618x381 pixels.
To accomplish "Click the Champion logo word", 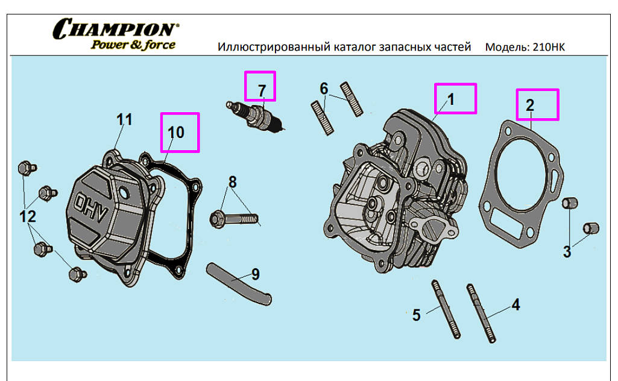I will point(115,28).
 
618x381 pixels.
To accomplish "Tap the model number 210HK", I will point(549,47).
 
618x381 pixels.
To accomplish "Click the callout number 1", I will point(450,98).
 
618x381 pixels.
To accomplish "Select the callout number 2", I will point(530,105).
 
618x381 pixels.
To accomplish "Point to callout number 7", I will point(262,90).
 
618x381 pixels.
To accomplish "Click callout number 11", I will point(124,119).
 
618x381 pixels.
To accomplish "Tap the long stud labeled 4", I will point(481,313).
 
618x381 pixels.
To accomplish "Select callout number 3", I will point(567,252).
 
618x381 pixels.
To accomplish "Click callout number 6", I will point(324,89).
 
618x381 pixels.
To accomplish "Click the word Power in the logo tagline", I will point(108,45).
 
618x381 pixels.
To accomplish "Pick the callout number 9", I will point(256,274).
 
